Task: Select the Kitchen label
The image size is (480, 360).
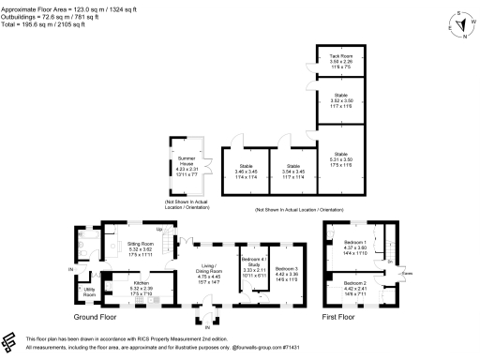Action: click(141, 285)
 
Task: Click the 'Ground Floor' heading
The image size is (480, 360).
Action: click(97, 316)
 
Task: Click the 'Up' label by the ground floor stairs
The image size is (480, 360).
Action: click(161, 231)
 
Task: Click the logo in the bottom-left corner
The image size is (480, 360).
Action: click(11, 341)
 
